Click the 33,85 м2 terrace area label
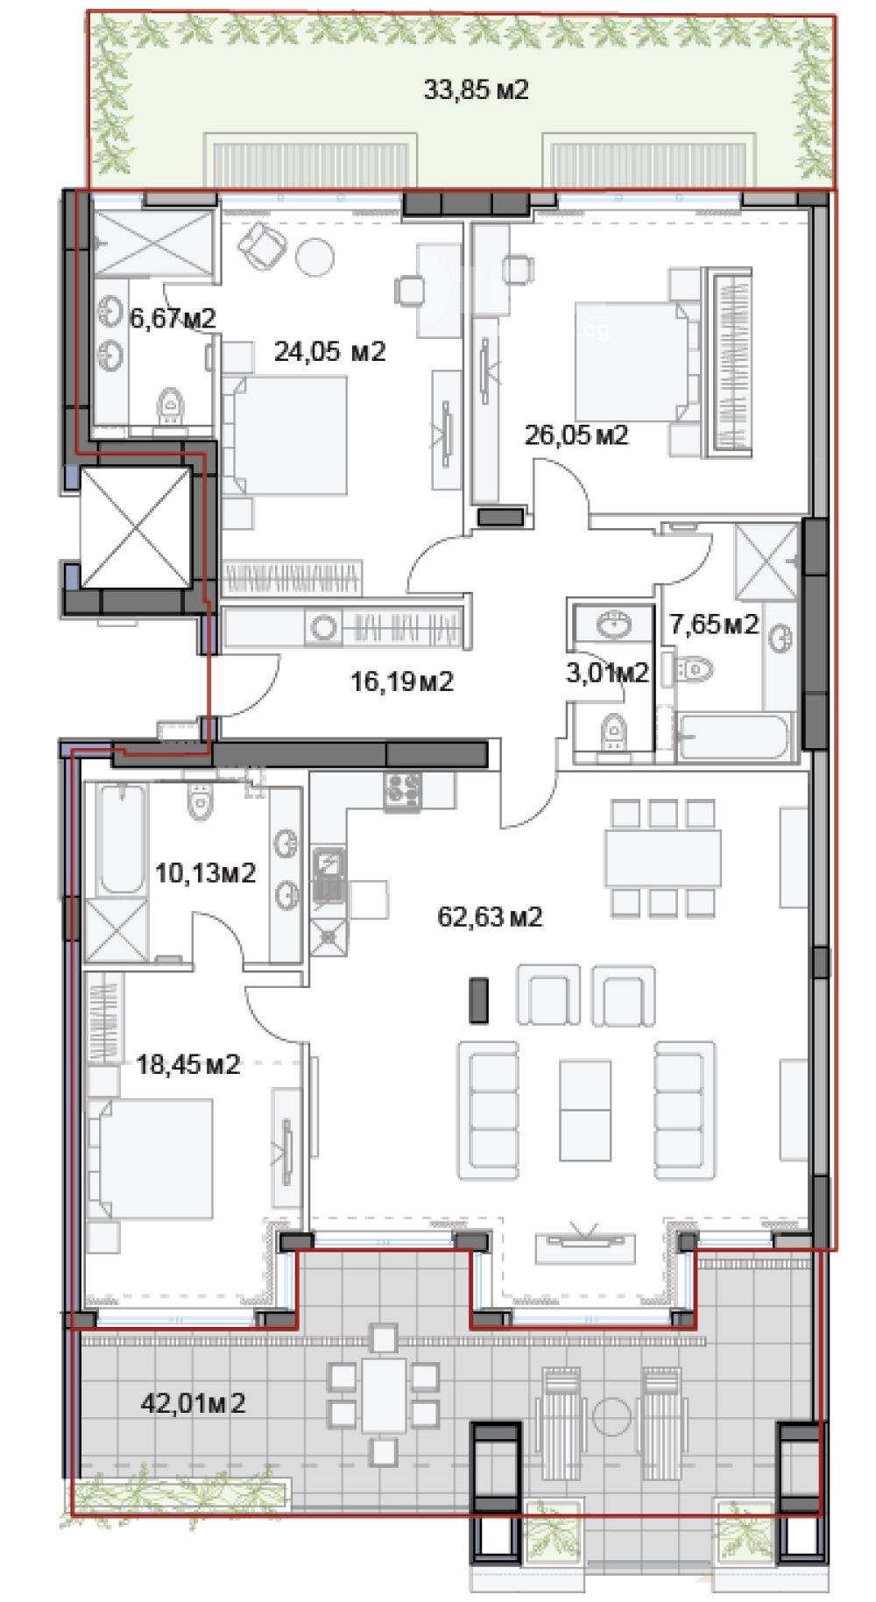[476, 89]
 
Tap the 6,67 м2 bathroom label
[173, 318]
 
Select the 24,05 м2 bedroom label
[329, 351]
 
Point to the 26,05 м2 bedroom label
[576, 434]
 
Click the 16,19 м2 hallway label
[402, 681]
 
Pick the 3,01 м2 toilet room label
[608, 673]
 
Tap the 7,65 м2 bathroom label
[714, 625]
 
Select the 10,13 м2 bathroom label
[205, 873]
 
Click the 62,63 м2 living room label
[490, 917]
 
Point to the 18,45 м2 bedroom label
[187, 1064]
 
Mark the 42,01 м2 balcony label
[193, 1403]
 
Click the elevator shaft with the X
[136, 527]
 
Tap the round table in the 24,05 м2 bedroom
[314, 257]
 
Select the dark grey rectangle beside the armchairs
[479, 1000]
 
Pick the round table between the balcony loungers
[611, 1415]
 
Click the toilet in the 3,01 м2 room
[614, 730]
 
